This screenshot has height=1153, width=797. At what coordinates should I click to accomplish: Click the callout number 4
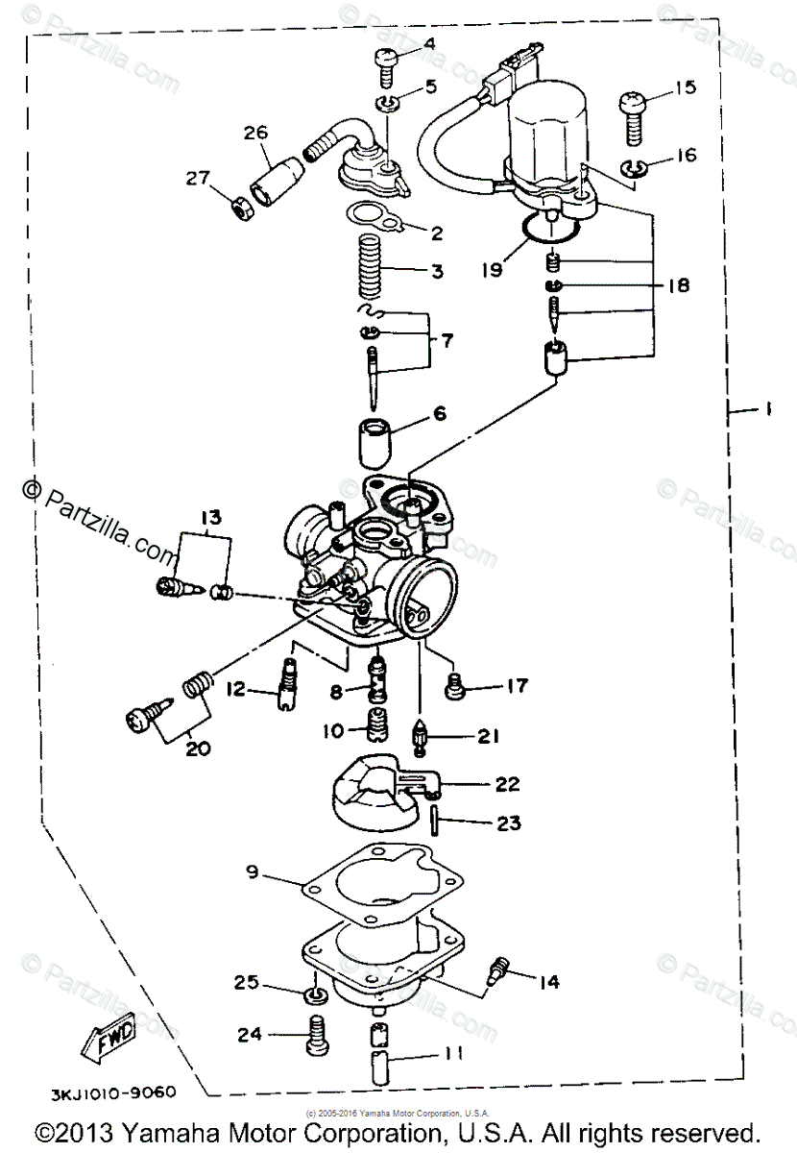[x=428, y=43]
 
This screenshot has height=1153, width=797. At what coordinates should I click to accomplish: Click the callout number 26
[x=254, y=134]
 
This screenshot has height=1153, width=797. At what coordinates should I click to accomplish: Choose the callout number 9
[x=253, y=872]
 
